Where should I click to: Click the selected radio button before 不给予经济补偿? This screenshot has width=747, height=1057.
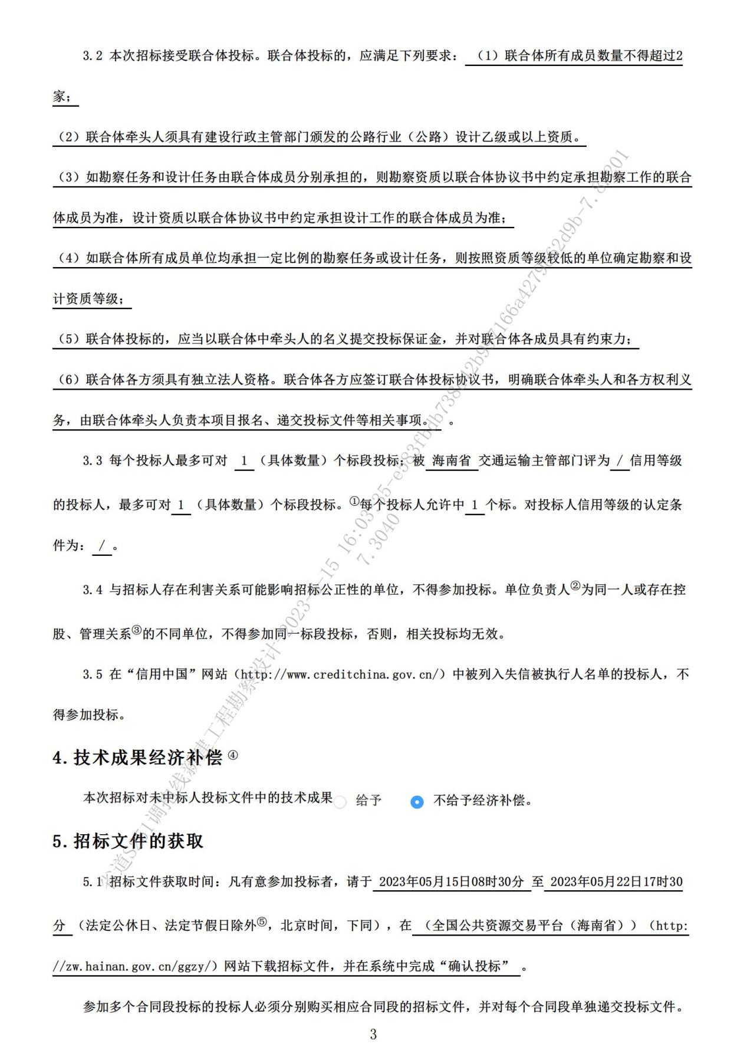pyautogui.click(x=417, y=802)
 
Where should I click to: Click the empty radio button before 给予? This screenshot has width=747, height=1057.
pyautogui.click(x=340, y=802)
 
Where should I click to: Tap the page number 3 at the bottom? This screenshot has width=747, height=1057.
pyautogui.click(x=373, y=1033)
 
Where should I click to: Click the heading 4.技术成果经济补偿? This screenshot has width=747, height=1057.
pyautogui.click(x=137, y=758)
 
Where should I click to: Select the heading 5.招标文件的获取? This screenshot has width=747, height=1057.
pyautogui.click(x=128, y=841)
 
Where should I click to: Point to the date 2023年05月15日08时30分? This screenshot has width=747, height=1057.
pyautogui.click(x=452, y=882)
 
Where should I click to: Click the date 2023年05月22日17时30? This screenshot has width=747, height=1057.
pyautogui.click(x=616, y=882)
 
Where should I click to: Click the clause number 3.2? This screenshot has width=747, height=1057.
pyautogui.click(x=93, y=56)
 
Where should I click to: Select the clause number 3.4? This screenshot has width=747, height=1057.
pyautogui.click(x=93, y=590)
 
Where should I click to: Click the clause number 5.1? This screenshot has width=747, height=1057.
pyautogui.click(x=93, y=883)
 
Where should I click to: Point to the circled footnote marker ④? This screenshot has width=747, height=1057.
pyautogui.click(x=233, y=755)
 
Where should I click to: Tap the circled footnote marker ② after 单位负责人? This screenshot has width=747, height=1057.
pyautogui.click(x=575, y=587)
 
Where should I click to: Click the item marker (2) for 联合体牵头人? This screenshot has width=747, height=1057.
pyautogui.click(x=68, y=137)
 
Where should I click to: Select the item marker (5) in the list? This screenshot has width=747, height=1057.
pyautogui.click(x=68, y=340)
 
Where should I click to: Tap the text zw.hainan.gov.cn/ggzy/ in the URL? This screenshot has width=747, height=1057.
pyautogui.click(x=140, y=967)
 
